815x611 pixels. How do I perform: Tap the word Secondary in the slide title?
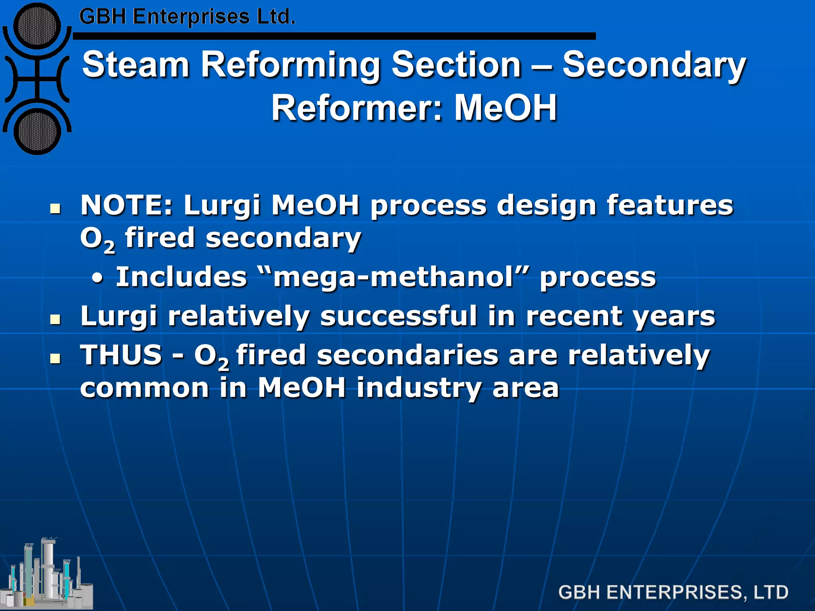click(654, 65)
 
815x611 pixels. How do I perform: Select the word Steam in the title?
click(135, 65)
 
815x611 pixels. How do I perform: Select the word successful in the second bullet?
click(398, 316)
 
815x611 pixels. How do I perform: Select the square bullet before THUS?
click(55, 358)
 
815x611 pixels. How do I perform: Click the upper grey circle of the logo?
click(37, 27)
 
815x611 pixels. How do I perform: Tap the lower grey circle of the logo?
click(37, 132)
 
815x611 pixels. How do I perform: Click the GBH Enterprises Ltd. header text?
click(187, 17)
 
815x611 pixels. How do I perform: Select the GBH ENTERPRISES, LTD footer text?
click(673, 592)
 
